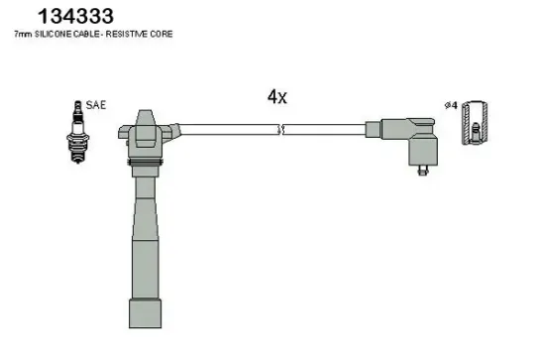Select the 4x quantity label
point(276,96)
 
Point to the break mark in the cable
point(282,128)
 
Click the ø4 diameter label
point(453,104)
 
